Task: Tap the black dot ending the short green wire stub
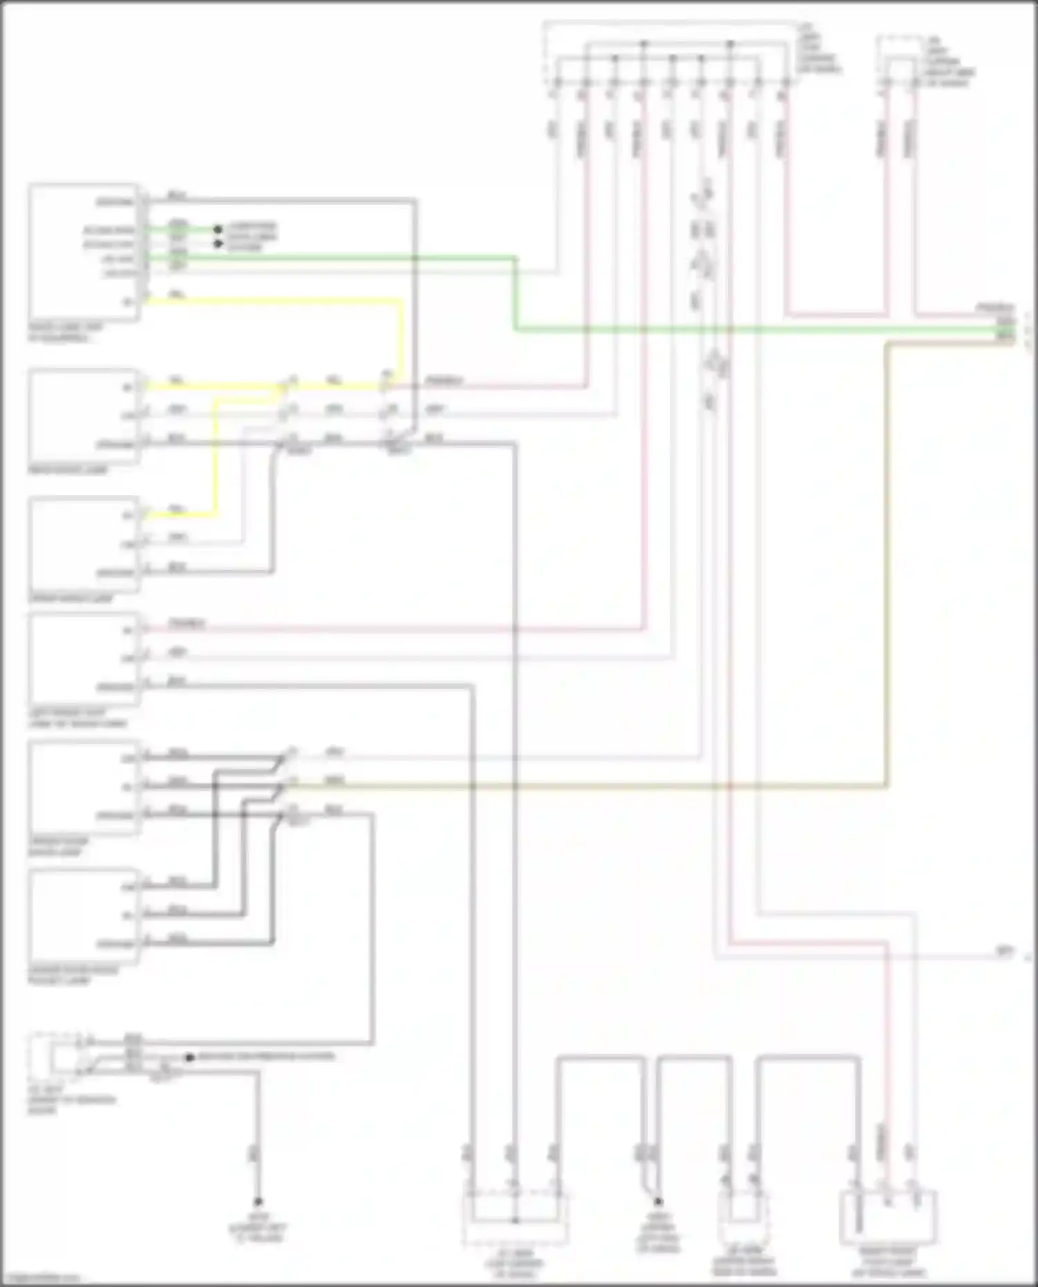click(217, 229)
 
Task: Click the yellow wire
click(277, 302)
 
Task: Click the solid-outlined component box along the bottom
click(887, 1216)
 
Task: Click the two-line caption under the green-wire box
click(66, 333)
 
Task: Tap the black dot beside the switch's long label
click(190, 1057)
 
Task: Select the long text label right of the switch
click(266, 1057)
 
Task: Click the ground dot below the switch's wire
click(257, 1202)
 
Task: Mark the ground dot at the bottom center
click(658, 1202)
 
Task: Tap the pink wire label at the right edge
click(994, 306)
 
